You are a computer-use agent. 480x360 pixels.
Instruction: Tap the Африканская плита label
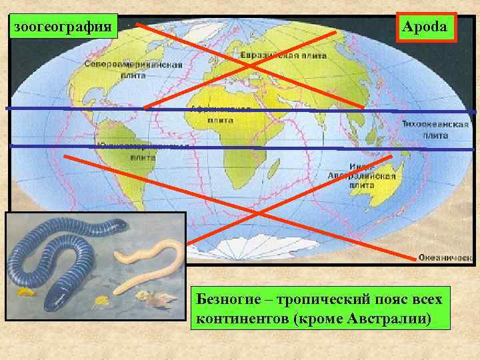[x=220, y=114]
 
